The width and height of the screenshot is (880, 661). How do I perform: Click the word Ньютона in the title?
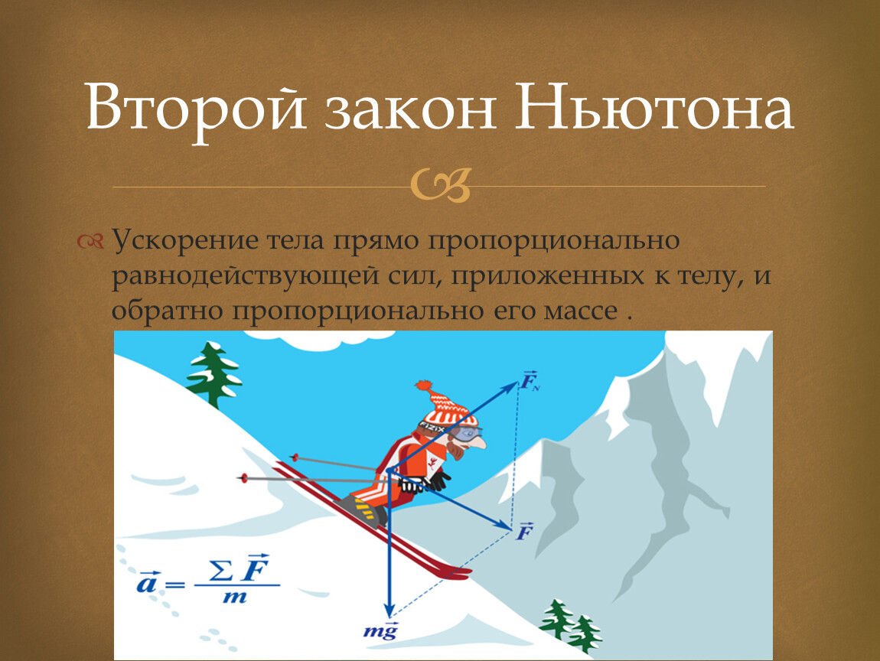coord(654,107)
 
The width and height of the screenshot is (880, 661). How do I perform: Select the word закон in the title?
coord(409,111)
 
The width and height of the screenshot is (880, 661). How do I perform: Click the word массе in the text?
coord(581,311)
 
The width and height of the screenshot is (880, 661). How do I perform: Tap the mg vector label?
coord(380,631)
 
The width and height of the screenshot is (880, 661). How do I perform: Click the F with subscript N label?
coord(530,381)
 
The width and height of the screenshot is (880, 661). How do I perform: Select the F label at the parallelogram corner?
coord(525,530)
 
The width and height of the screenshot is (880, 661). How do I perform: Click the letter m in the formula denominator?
coord(235,597)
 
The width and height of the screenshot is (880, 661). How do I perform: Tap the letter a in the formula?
coord(147,584)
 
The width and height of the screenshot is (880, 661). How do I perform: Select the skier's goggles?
coord(465,432)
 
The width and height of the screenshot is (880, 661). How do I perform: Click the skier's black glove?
coord(437,480)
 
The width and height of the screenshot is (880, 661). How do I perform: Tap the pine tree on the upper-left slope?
coord(213,373)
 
